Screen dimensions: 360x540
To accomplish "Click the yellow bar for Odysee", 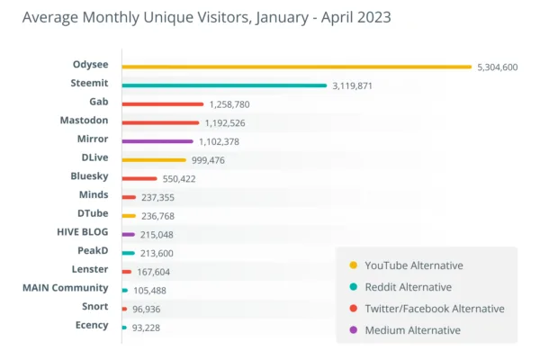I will point(297,67).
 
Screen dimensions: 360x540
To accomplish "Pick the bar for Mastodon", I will point(159,122).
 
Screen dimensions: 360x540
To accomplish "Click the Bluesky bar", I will point(139,178).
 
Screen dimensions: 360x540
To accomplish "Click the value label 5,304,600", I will point(498,67).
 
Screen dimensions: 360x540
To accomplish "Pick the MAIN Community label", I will point(65,288).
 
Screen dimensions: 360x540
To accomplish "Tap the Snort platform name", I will point(94,307).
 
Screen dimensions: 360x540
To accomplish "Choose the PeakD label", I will point(93,250).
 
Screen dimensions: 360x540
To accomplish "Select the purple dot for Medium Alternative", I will point(353,330).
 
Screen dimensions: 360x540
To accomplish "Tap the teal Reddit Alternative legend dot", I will point(353,287).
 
